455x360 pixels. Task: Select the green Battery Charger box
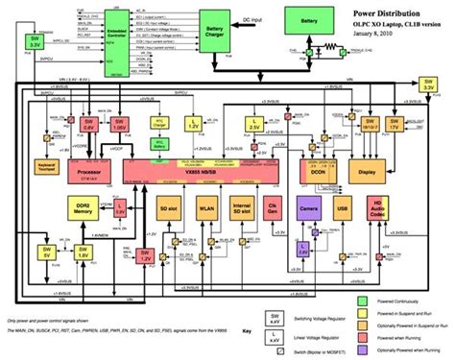[211, 37]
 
